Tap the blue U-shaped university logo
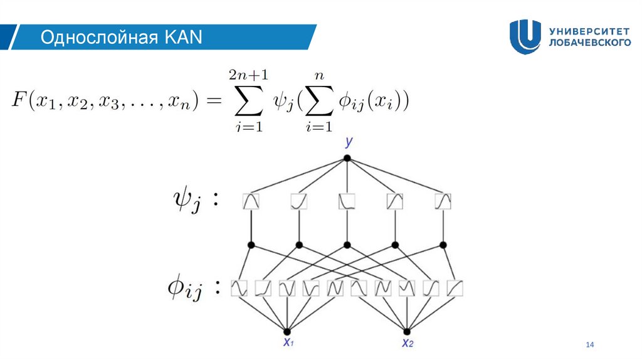click(x=525, y=36)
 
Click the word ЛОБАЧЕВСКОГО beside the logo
click(x=589, y=43)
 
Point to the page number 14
click(x=589, y=344)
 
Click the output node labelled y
click(x=347, y=158)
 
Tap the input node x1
click(x=287, y=331)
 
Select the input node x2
click(x=406, y=331)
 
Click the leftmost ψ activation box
click(x=251, y=201)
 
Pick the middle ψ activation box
click(x=347, y=201)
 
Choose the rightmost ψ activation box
click(x=443, y=201)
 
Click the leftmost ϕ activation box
click(x=239, y=288)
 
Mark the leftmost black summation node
click(x=251, y=244)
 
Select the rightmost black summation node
click(x=443, y=244)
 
